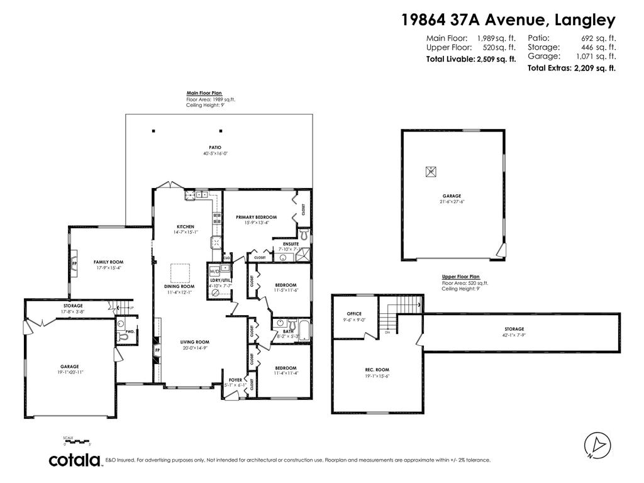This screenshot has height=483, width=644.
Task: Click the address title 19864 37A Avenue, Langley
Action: coord(508,20)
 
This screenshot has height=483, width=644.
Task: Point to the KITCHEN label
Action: coord(185,226)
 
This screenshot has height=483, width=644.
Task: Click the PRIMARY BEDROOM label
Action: coord(256,217)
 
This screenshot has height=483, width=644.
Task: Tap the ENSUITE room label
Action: coord(291,243)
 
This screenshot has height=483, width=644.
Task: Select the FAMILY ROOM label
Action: coord(108,262)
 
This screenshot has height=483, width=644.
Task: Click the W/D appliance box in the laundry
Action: coord(214,272)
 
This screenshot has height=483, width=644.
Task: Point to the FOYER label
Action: coord(235,380)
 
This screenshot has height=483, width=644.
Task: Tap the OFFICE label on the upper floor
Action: coord(354,314)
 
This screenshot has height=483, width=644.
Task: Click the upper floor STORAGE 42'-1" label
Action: coord(514,329)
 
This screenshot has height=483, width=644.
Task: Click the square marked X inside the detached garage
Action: coord(431,170)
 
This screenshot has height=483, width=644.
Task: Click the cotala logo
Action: coord(75,460)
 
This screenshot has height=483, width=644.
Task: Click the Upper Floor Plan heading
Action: coord(460,277)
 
